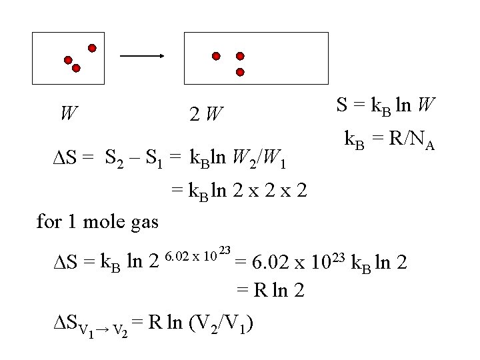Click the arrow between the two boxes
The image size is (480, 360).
coord(141,57)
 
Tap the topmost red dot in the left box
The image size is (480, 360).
coord(92,48)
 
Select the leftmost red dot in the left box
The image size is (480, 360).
coord(68,60)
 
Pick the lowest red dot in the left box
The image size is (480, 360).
coord(76,68)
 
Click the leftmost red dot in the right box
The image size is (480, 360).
coord(215,57)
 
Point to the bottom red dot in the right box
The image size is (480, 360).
coord(240,71)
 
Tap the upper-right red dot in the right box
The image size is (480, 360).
coord(240,57)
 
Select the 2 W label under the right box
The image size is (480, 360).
coord(205,115)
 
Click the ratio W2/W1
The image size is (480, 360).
coord(261,159)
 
